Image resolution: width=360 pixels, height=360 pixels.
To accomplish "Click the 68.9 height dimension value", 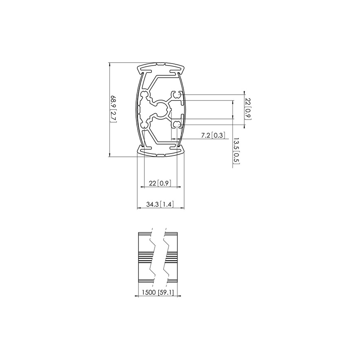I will point(114,103).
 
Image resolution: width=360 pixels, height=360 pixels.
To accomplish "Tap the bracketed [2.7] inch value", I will point(114,117).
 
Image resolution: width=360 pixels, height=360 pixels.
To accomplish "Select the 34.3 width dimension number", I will point(152,204).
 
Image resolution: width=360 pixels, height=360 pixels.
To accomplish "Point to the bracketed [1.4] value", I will point(166,204).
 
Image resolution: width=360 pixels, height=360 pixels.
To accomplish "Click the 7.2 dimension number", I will point(206,136).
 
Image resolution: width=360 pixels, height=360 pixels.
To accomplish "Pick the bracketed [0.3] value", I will point(219,136).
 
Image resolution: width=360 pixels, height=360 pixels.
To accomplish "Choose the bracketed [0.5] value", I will point(236,158).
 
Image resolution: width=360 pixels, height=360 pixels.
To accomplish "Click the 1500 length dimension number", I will point(149,292).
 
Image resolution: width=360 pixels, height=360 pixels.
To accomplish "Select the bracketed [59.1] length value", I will point(167,292).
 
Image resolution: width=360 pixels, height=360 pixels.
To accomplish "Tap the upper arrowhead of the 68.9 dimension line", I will point(110,64).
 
